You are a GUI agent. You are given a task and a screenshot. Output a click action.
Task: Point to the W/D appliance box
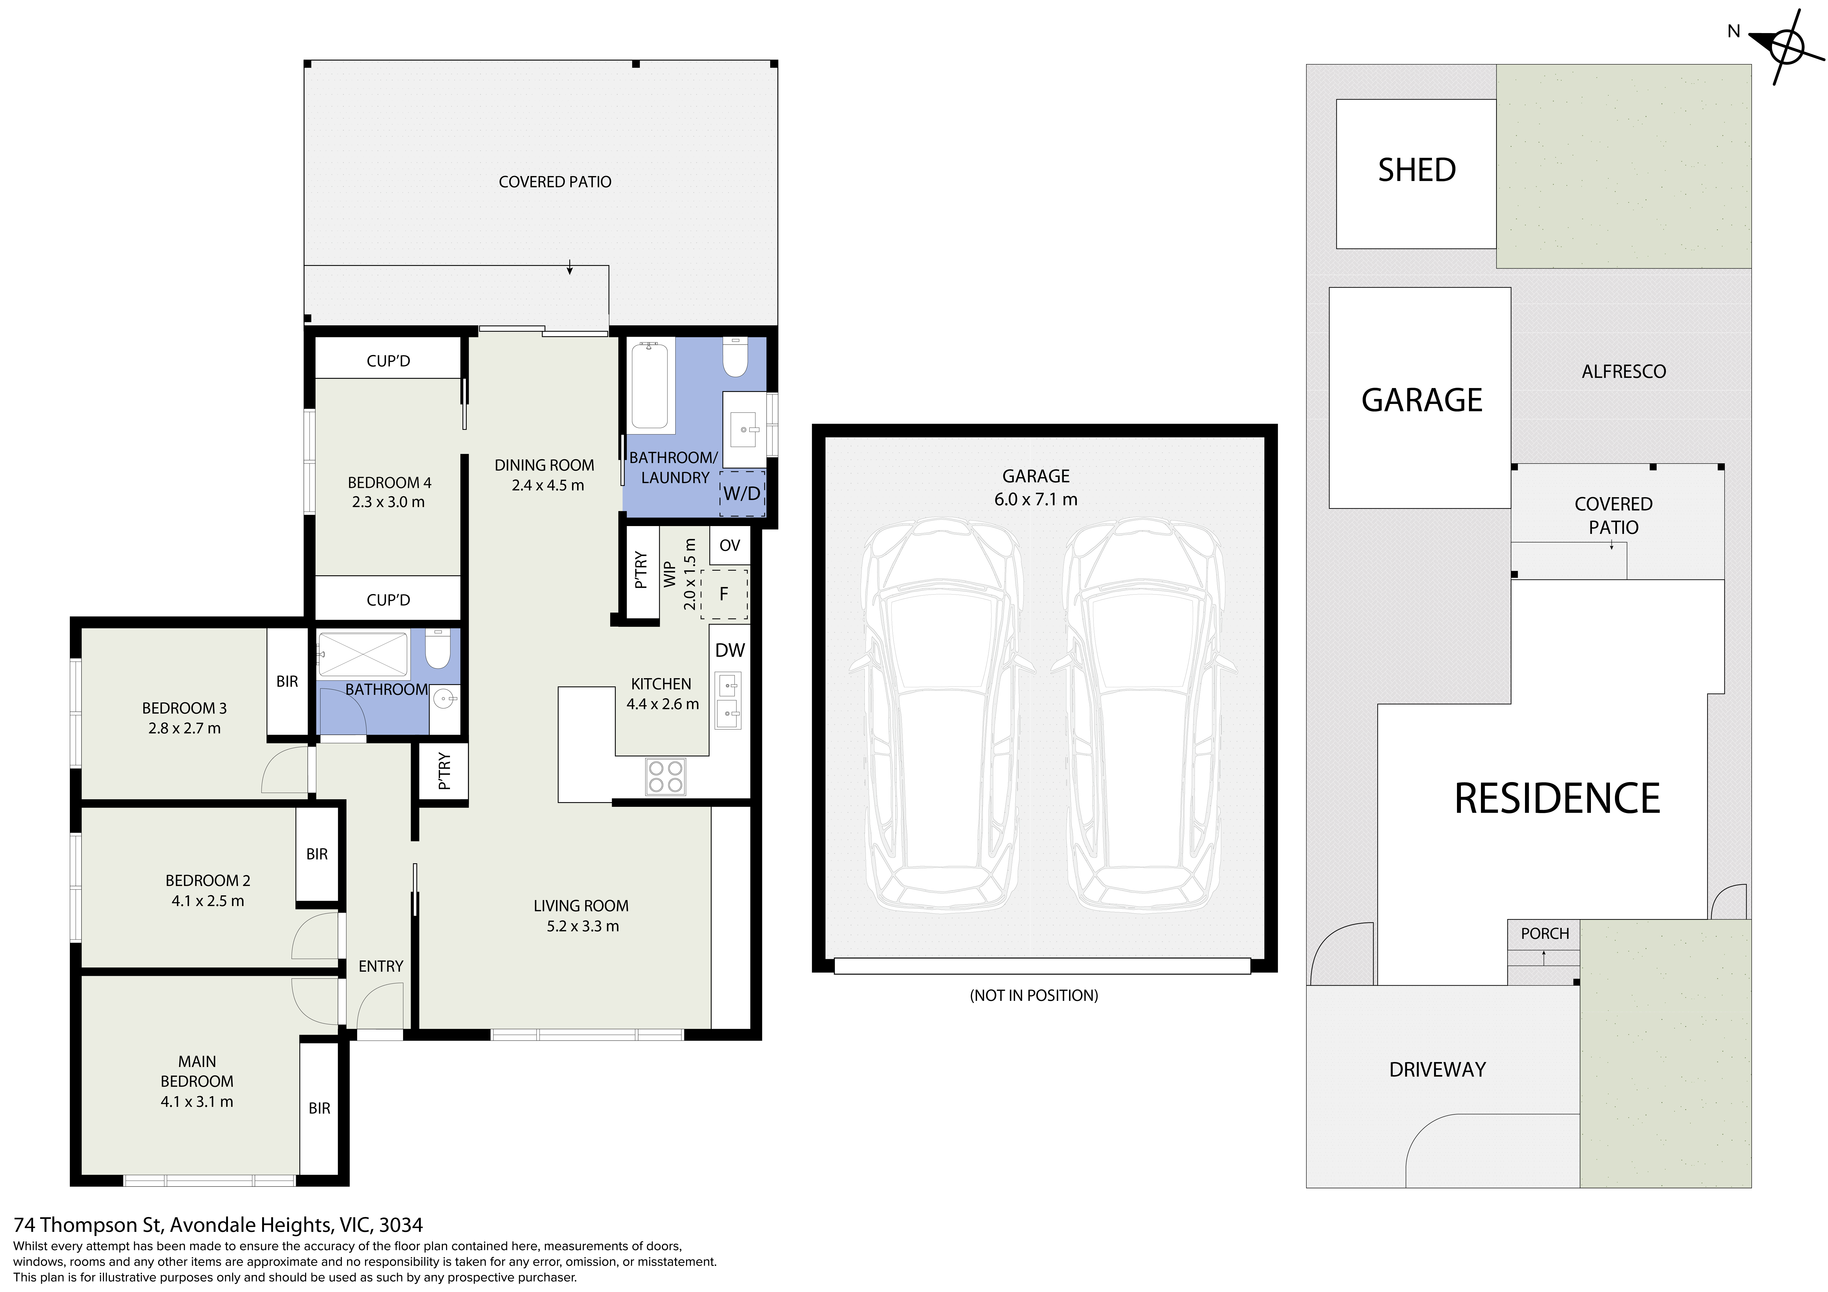(741, 493)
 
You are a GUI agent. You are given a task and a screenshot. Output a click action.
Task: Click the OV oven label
(729, 545)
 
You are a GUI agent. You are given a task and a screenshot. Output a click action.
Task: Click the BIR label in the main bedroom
(319, 1108)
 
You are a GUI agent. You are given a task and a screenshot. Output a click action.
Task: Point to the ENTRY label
(381, 966)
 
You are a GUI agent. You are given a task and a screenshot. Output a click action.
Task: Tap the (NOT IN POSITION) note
(1033, 995)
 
